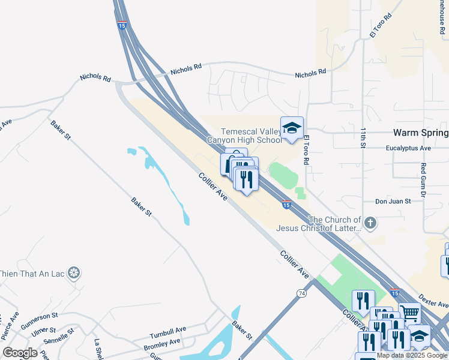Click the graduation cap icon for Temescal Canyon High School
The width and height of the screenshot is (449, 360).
click(x=292, y=128)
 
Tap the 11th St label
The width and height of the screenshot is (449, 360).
click(x=363, y=137)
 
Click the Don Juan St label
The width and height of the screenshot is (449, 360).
click(x=393, y=202)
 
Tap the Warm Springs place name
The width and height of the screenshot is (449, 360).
click(x=420, y=133)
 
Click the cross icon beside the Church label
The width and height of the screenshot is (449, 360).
click(x=370, y=224)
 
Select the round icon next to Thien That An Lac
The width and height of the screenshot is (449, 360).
click(x=74, y=274)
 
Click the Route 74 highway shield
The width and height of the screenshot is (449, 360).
click(x=301, y=293)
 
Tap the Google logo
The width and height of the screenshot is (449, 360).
click(x=20, y=353)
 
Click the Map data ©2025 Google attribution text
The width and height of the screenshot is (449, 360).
click(x=412, y=355)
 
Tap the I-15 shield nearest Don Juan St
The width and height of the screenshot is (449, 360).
click(x=287, y=205)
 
